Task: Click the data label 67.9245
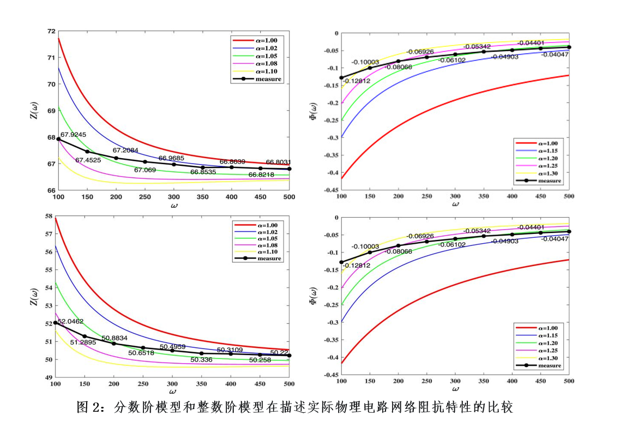tap(73, 134)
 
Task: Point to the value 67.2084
tap(125, 151)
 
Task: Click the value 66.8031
tap(279, 162)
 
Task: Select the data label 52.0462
tap(70, 322)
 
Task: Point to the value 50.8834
tap(115, 338)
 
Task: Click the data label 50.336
tap(201, 360)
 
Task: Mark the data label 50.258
tap(261, 360)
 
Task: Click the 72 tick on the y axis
tap(51, 31)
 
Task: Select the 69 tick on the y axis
tap(51, 111)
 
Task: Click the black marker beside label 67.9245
tap(58, 139)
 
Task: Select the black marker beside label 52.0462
tap(56, 323)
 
